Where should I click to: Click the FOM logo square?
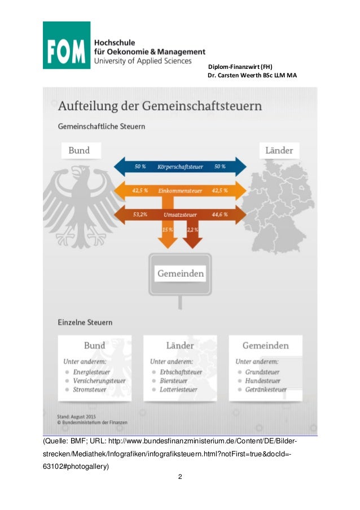tap(67, 45)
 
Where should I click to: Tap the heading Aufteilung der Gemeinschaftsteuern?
tap(160, 106)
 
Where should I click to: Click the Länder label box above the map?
tap(279, 151)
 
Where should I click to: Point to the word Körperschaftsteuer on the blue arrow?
tap(180, 167)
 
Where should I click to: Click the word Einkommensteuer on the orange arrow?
tap(180, 191)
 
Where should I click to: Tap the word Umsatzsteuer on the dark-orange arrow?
tap(179, 215)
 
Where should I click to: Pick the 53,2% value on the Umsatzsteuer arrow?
tap(141, 215)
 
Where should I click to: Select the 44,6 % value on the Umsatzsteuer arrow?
tap(220, 215)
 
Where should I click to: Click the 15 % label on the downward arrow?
tap(167, 230)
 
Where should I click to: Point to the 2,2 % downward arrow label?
tap(192, 230)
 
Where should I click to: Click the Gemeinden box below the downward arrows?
tap(180, 274)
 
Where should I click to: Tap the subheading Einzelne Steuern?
tap(85, 322)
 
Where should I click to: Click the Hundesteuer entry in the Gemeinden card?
tap(262, 381)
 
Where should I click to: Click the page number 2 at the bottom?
tap(179, 478)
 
